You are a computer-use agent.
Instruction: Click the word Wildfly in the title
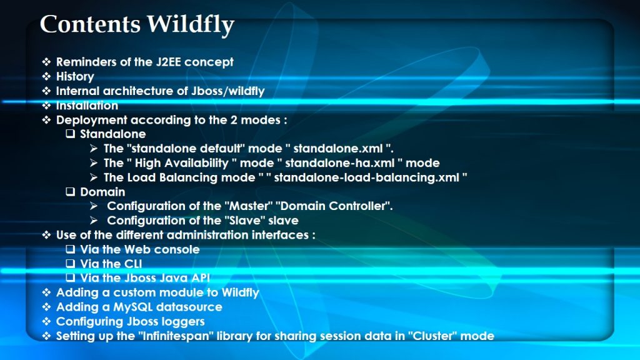tap(190, 25)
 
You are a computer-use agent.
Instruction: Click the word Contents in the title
tap(90, 24)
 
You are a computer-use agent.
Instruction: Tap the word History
tap(75, 76)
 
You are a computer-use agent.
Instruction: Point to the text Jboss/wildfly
tap(228, 91)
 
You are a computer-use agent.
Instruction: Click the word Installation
tap(87, 105)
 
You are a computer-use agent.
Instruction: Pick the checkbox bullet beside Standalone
tap(71, 134)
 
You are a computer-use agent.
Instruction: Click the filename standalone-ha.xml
tap(339, 163)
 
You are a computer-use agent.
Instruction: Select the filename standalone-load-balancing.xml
tap(366, 177)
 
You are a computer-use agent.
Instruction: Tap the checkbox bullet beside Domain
tap(71, 191)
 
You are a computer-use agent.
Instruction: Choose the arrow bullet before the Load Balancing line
tap(94, 177)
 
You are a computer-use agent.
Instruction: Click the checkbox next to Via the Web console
tap(71, 249)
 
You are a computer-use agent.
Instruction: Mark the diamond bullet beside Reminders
tap(46, 62)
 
